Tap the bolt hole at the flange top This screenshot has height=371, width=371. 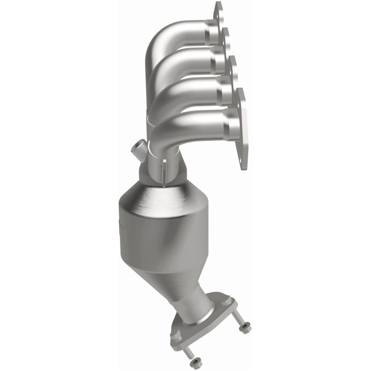coord(218,8)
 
